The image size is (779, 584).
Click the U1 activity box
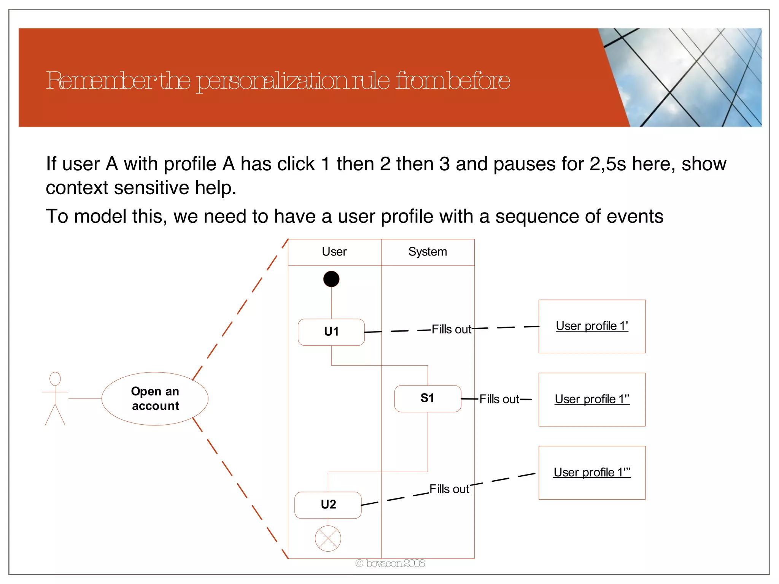(x=331, y=332)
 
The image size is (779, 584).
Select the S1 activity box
(x=428, y=398)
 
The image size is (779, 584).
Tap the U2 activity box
(x=328, y=505)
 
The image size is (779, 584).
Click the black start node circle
(x=331, y=279)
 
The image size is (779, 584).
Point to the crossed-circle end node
(x=328, y=538)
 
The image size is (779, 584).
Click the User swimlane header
(x=334, y=252)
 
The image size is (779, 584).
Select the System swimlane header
(x=428, y=252)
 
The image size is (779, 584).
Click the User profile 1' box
(x=592, y=326)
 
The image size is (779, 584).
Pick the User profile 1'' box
(x=592, y=399)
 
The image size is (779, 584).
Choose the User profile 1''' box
(x=592, y=473)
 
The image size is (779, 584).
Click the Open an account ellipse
(x=155, y=398)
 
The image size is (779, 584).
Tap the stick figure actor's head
(x=55, y=379)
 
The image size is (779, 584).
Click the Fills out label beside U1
(x=452, y=329)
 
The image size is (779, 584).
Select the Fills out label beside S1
(x=499, y=399)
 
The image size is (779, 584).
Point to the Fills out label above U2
(x=449, y=489)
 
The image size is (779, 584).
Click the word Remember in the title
(x=101, y=81)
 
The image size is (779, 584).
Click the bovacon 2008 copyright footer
(x=390, y=563)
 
